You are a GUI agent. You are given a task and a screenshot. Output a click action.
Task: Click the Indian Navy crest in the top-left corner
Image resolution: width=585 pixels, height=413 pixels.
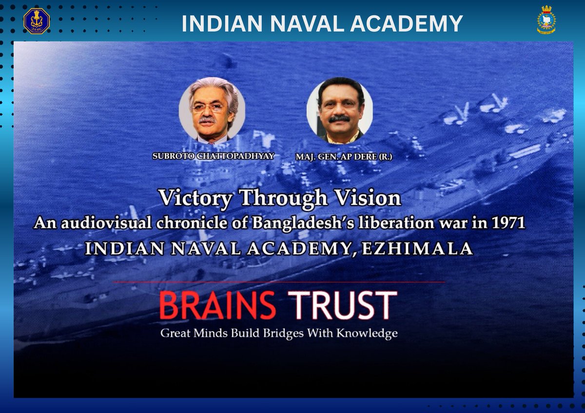[x=37, y=21]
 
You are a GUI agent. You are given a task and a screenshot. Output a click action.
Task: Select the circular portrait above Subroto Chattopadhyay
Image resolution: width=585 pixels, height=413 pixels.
[x=212, y=111]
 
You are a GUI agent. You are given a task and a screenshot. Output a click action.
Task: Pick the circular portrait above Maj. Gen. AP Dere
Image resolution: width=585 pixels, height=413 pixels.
[x=340, y=112]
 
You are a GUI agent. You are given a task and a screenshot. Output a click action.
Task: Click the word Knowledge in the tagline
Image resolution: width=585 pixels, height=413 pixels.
[x=369, y=334]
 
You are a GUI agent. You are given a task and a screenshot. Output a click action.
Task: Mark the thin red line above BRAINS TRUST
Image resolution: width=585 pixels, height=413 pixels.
[x=278, y=282]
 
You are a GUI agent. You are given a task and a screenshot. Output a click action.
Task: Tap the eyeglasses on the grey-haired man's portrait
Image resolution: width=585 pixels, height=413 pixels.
[x=209, y=108]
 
